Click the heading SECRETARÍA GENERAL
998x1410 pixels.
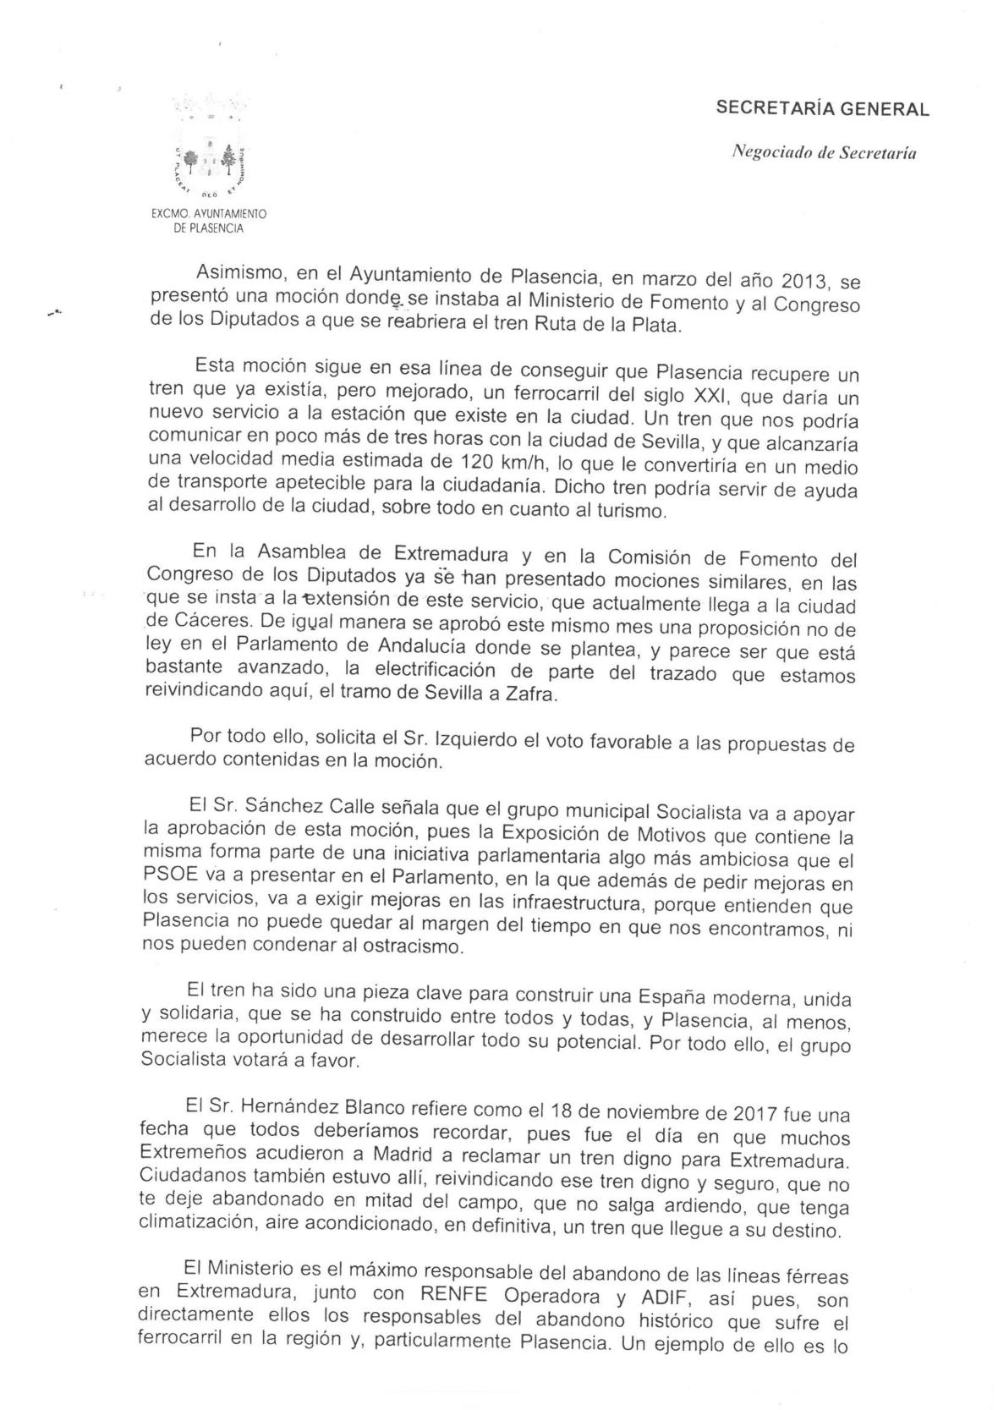822,109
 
